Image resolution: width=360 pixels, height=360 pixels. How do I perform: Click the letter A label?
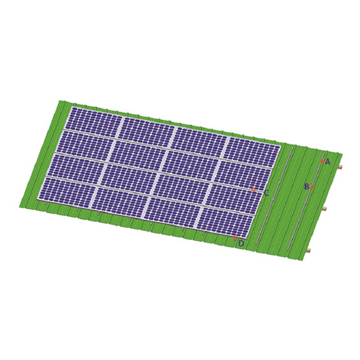(328, 162)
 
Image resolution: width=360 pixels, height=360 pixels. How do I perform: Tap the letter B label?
(307, 187)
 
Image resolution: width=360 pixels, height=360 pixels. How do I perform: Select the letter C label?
(266, 194)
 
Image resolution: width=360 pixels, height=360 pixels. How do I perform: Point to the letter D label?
(241, 244)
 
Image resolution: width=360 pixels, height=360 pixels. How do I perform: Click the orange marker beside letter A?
(323, 161)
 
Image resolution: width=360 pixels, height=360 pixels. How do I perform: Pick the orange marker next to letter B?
(311, 187)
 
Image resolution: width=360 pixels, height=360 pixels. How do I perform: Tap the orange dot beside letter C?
(254, 190)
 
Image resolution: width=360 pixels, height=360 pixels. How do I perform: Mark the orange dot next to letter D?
(235, 238)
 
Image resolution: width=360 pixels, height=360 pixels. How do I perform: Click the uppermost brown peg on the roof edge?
(340, 167)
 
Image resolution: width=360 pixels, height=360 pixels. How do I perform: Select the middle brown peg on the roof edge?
(325, 209)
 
